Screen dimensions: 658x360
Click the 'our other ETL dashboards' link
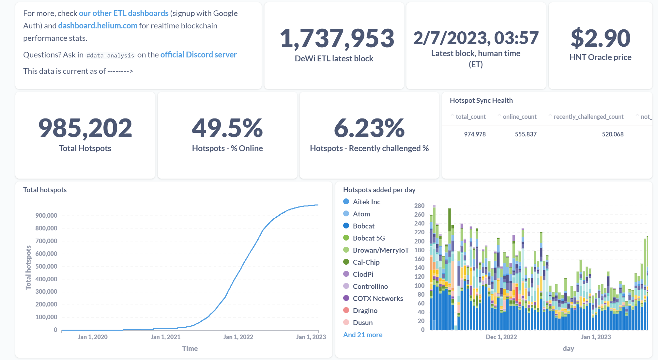pos(124,13)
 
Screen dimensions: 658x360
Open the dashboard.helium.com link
pos(98,26)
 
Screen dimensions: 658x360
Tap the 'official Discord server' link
pos(198,55)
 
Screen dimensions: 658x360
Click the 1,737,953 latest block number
pos(337,38)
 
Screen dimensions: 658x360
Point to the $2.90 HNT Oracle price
pos(601,38)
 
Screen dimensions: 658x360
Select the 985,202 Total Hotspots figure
pos(85,128)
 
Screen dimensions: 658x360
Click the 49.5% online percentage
pos(227,128)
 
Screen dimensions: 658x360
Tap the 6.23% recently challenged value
pos(369,128)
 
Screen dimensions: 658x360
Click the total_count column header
pos(470,117)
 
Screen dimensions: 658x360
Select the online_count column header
pos(520,117)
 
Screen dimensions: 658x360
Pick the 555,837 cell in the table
pos(526,134)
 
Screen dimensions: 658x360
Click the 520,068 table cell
pos(613,134)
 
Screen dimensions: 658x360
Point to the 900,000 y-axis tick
pos(46,215)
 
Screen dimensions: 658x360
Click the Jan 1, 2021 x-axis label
pos(165,337)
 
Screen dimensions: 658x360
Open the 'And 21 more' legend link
pos(363,335)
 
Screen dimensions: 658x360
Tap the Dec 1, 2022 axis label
pos(501,337)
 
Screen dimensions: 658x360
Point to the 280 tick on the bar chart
pos(420,206)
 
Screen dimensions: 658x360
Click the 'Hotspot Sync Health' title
pos(481,101)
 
